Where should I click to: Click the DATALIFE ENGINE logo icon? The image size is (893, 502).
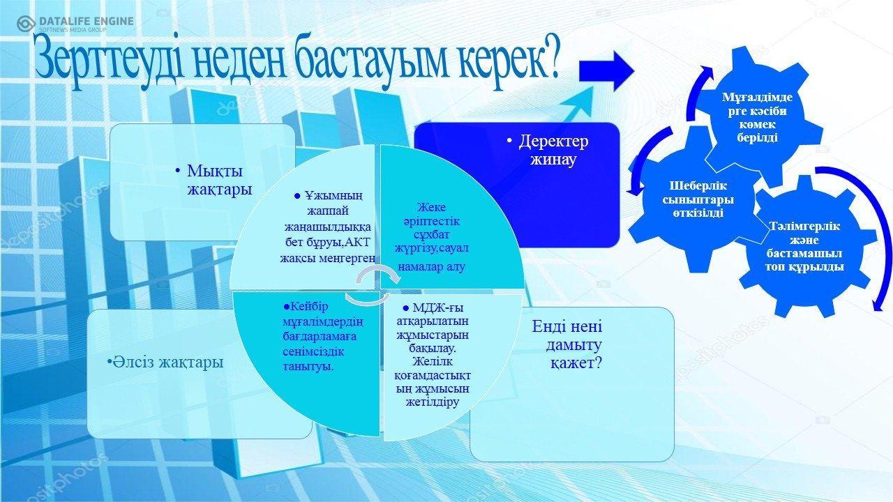[26, 24]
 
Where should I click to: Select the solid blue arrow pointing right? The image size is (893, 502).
[606, 71]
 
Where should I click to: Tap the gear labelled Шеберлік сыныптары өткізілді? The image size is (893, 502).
[698, 199]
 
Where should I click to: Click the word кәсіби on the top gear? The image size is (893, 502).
[768, 111]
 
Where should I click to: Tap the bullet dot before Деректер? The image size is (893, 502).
[509, 141]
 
